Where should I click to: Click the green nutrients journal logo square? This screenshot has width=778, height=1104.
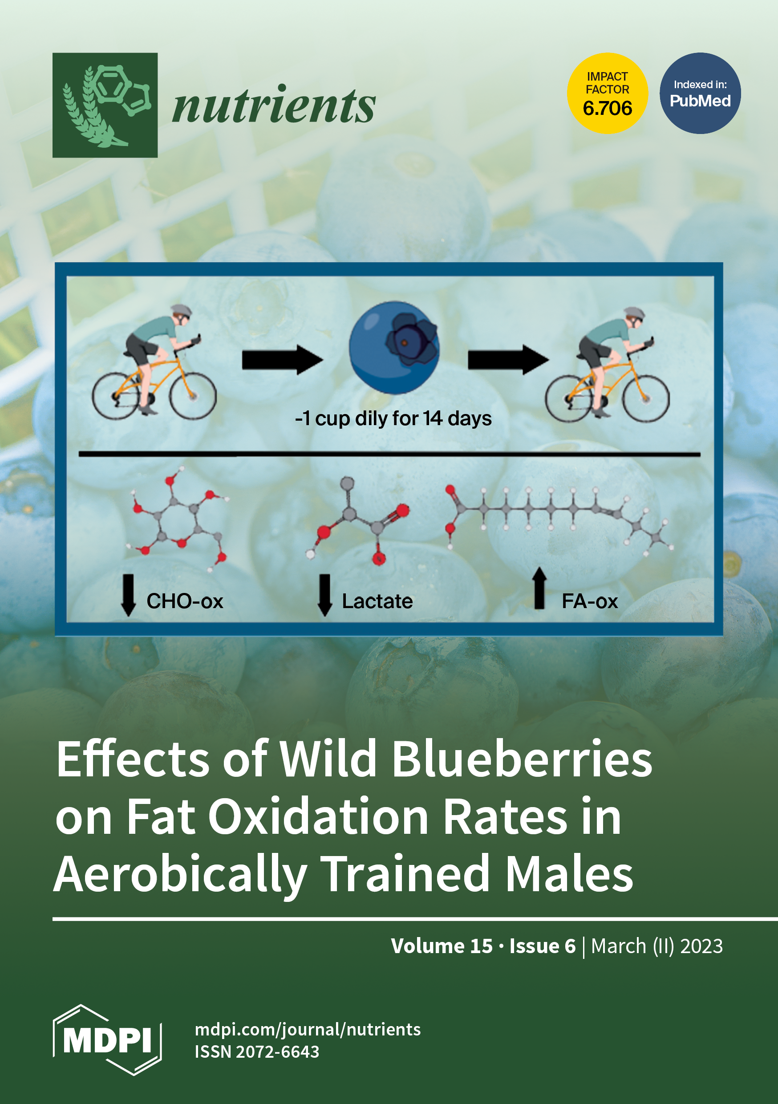pyautogui.click(x=105, y=105)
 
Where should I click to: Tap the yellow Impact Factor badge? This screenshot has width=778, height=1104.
pyautogui.click(x=607, y=93)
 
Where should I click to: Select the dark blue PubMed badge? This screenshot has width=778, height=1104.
pyautogui.click(x=700, y=93)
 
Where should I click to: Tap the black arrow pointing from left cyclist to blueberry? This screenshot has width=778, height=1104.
pyautogui.click(x=282, y=360)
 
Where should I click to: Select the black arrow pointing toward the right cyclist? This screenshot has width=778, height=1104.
pyautogui.click(x=508, y=360)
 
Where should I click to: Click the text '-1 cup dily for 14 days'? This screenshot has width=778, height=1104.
pyautogui.click(x=393, y=419)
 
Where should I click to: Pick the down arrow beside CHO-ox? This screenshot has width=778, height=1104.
pyautogui.click(x=128, y=595)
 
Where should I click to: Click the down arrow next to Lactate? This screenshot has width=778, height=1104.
pyautogui.click(x=325, y=595)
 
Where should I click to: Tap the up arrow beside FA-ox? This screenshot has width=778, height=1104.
pyautogui.click(x=539, y=588)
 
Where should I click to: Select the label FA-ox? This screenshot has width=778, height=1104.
pyautogui.click(x=590, y=601)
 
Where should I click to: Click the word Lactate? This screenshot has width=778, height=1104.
pyautogui.click(x=377, y=601)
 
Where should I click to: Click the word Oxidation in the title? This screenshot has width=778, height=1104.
pyautogui.click(x=318, y=817)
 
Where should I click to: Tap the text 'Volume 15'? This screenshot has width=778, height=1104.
pyautogui.click(x=442, y=946)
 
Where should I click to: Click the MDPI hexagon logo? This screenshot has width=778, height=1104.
pyautogui.click(x=107, y=1041)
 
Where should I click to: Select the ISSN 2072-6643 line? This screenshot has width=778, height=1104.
pyautogui.click(x=257, y=1051)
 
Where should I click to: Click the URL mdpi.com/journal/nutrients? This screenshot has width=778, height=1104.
pyautogui.click(x=308, y=1030)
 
